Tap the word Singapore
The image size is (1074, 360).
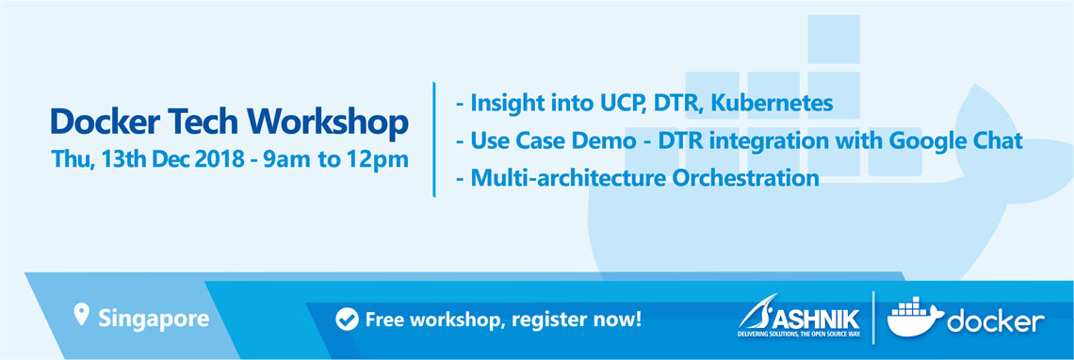pyautogui.click(x=154, y=319)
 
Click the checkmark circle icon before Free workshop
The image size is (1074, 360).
pyautogui.click(x=347, y=319)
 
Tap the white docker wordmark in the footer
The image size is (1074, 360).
pyautogui.click(x=995, y=321)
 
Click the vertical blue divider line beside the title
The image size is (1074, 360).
pyautogui.click(x=433, y=139)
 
